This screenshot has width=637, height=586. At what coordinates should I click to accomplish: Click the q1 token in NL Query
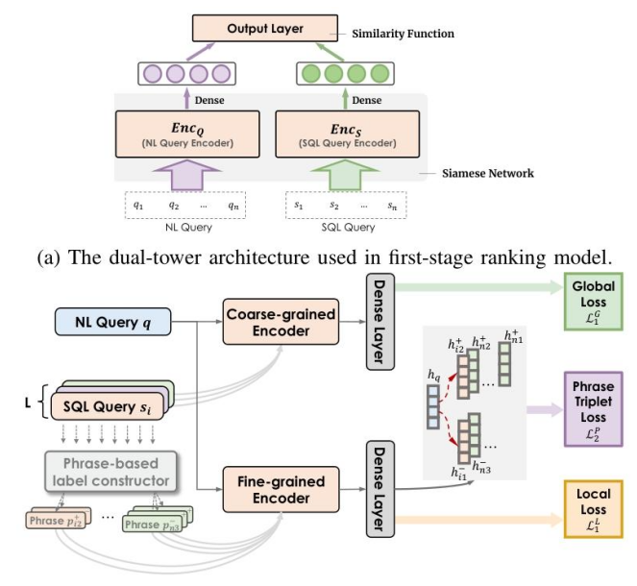tap(139, 205)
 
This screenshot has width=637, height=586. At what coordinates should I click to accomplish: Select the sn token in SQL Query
tap(392, 205)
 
